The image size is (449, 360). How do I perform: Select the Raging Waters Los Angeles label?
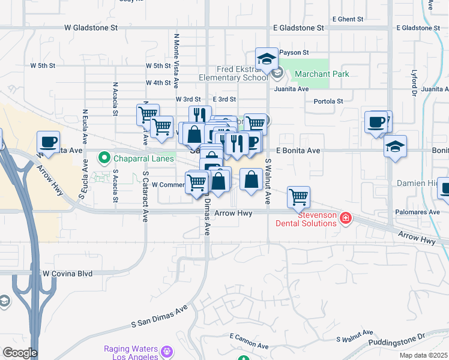[131, 352]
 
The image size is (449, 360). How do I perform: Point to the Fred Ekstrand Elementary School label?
[234, 73]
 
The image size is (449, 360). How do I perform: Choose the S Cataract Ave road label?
[145, 196]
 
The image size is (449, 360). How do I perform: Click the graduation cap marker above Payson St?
[267, 58]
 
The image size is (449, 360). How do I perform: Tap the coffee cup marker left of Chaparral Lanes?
[48, 142]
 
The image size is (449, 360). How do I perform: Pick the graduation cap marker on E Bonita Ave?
[395, 146]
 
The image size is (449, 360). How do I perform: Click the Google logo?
[20, 353]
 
